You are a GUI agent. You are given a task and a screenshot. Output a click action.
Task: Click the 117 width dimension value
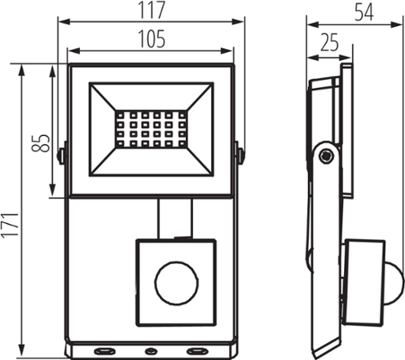point(150,10)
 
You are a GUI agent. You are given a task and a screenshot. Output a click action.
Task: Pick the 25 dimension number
point(328,42)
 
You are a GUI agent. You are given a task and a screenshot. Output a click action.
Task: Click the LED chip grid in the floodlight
point(150,127)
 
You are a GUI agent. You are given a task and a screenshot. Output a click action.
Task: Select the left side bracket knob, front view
point(61,152)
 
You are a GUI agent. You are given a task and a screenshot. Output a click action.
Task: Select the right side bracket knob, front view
point(239,152)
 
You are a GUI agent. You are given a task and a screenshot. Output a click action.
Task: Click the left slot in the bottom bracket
point(103,350)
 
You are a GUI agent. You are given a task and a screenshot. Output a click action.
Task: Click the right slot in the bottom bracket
point(195,350)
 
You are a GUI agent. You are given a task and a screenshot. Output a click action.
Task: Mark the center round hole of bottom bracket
point(150,350)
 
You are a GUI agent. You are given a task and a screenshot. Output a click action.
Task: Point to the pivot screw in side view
point(325,156)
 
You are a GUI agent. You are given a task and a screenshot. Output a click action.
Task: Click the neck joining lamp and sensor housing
point(174,218)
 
